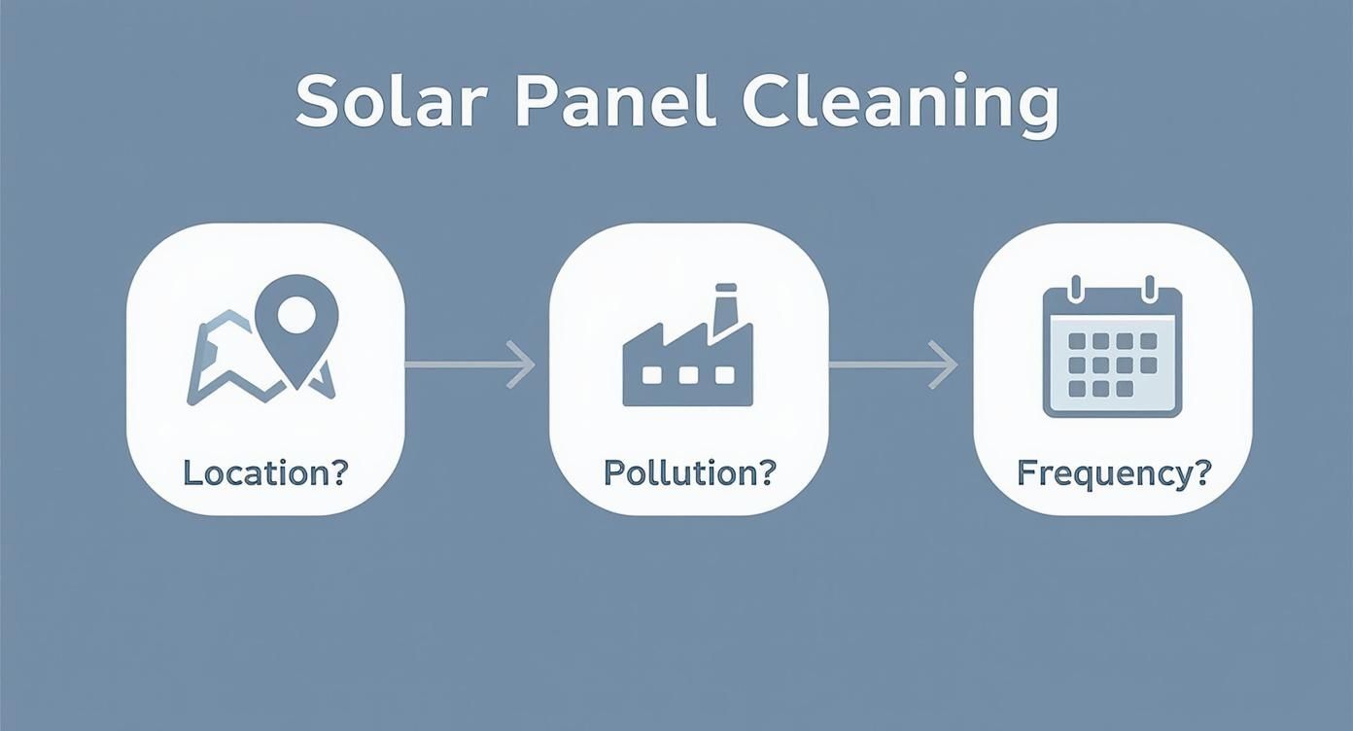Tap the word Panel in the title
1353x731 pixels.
598,101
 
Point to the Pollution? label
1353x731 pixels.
689,472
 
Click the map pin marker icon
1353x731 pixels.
295,326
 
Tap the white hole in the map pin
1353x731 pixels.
295,313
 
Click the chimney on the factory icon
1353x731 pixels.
724,309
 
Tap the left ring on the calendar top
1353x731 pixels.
1075,289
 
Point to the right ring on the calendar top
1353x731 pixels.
1149,289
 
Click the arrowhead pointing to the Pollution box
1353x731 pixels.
524,365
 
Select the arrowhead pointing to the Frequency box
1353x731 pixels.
946,365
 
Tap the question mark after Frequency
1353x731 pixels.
1202,472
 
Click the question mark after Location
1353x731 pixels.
338,472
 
